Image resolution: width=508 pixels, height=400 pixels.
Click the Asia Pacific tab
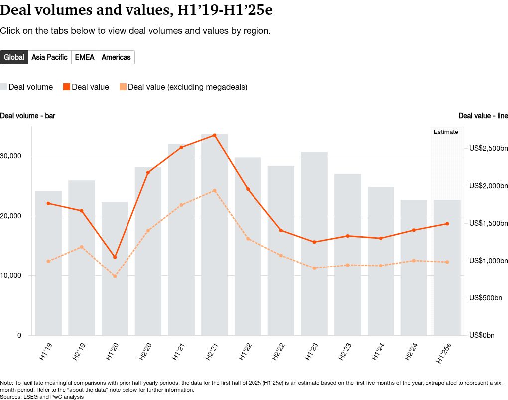point(49,57)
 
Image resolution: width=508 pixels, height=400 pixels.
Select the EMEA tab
point(85,57)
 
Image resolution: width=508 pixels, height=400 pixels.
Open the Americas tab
point(116,57)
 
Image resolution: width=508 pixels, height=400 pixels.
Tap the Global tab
point(14,57)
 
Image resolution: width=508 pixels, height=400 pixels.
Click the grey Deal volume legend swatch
point(3,87)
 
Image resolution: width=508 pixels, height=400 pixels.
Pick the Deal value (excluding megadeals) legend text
point(187,87)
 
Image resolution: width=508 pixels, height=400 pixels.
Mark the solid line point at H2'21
point(215,135)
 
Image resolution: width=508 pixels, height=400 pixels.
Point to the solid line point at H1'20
point(115,257)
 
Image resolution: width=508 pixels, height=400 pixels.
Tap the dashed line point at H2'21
point(215,190)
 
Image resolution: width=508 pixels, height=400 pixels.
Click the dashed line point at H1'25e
point(447,262)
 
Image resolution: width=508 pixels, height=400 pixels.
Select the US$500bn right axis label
point(486,298)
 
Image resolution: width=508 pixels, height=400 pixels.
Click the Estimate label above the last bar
point(446,132)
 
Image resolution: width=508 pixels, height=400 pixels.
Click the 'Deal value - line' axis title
point(483,116)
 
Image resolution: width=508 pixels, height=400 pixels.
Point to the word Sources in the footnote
point(11,397)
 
